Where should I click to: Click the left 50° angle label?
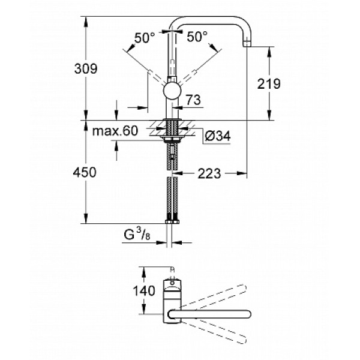point(145,38)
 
